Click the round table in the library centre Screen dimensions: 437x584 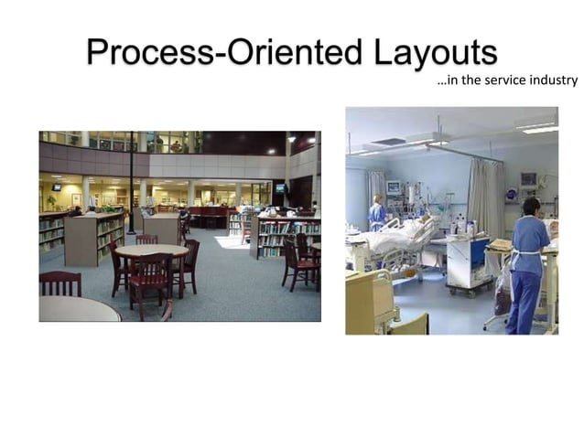coord(150,250)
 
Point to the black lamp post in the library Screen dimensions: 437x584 coord(131,183)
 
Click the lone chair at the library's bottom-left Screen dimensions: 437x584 coord(59,283)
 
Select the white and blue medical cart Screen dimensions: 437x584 coord(468,262)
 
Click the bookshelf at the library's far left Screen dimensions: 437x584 coord(51,233)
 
